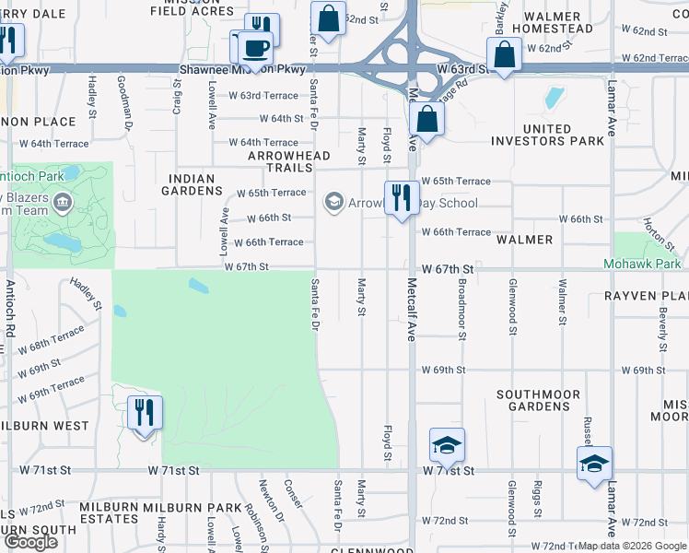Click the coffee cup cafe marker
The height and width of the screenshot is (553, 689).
(256, 48)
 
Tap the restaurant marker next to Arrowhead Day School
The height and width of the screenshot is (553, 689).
(402, 199)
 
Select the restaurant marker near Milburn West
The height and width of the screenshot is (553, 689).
(144, 412)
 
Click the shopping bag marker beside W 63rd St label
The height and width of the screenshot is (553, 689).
(506, 55)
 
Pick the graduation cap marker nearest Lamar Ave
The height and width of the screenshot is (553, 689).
(594, 463)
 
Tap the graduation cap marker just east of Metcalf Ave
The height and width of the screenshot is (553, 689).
(447, 447)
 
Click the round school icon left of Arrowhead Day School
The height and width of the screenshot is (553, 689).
(333, 203)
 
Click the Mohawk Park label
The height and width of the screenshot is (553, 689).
(646, 264)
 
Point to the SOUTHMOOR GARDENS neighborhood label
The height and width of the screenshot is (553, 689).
(539, 400)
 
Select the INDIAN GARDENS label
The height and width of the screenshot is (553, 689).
(193, 184)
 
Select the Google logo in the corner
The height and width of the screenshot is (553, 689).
(30, 542)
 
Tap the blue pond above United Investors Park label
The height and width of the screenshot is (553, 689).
(554, 98)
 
